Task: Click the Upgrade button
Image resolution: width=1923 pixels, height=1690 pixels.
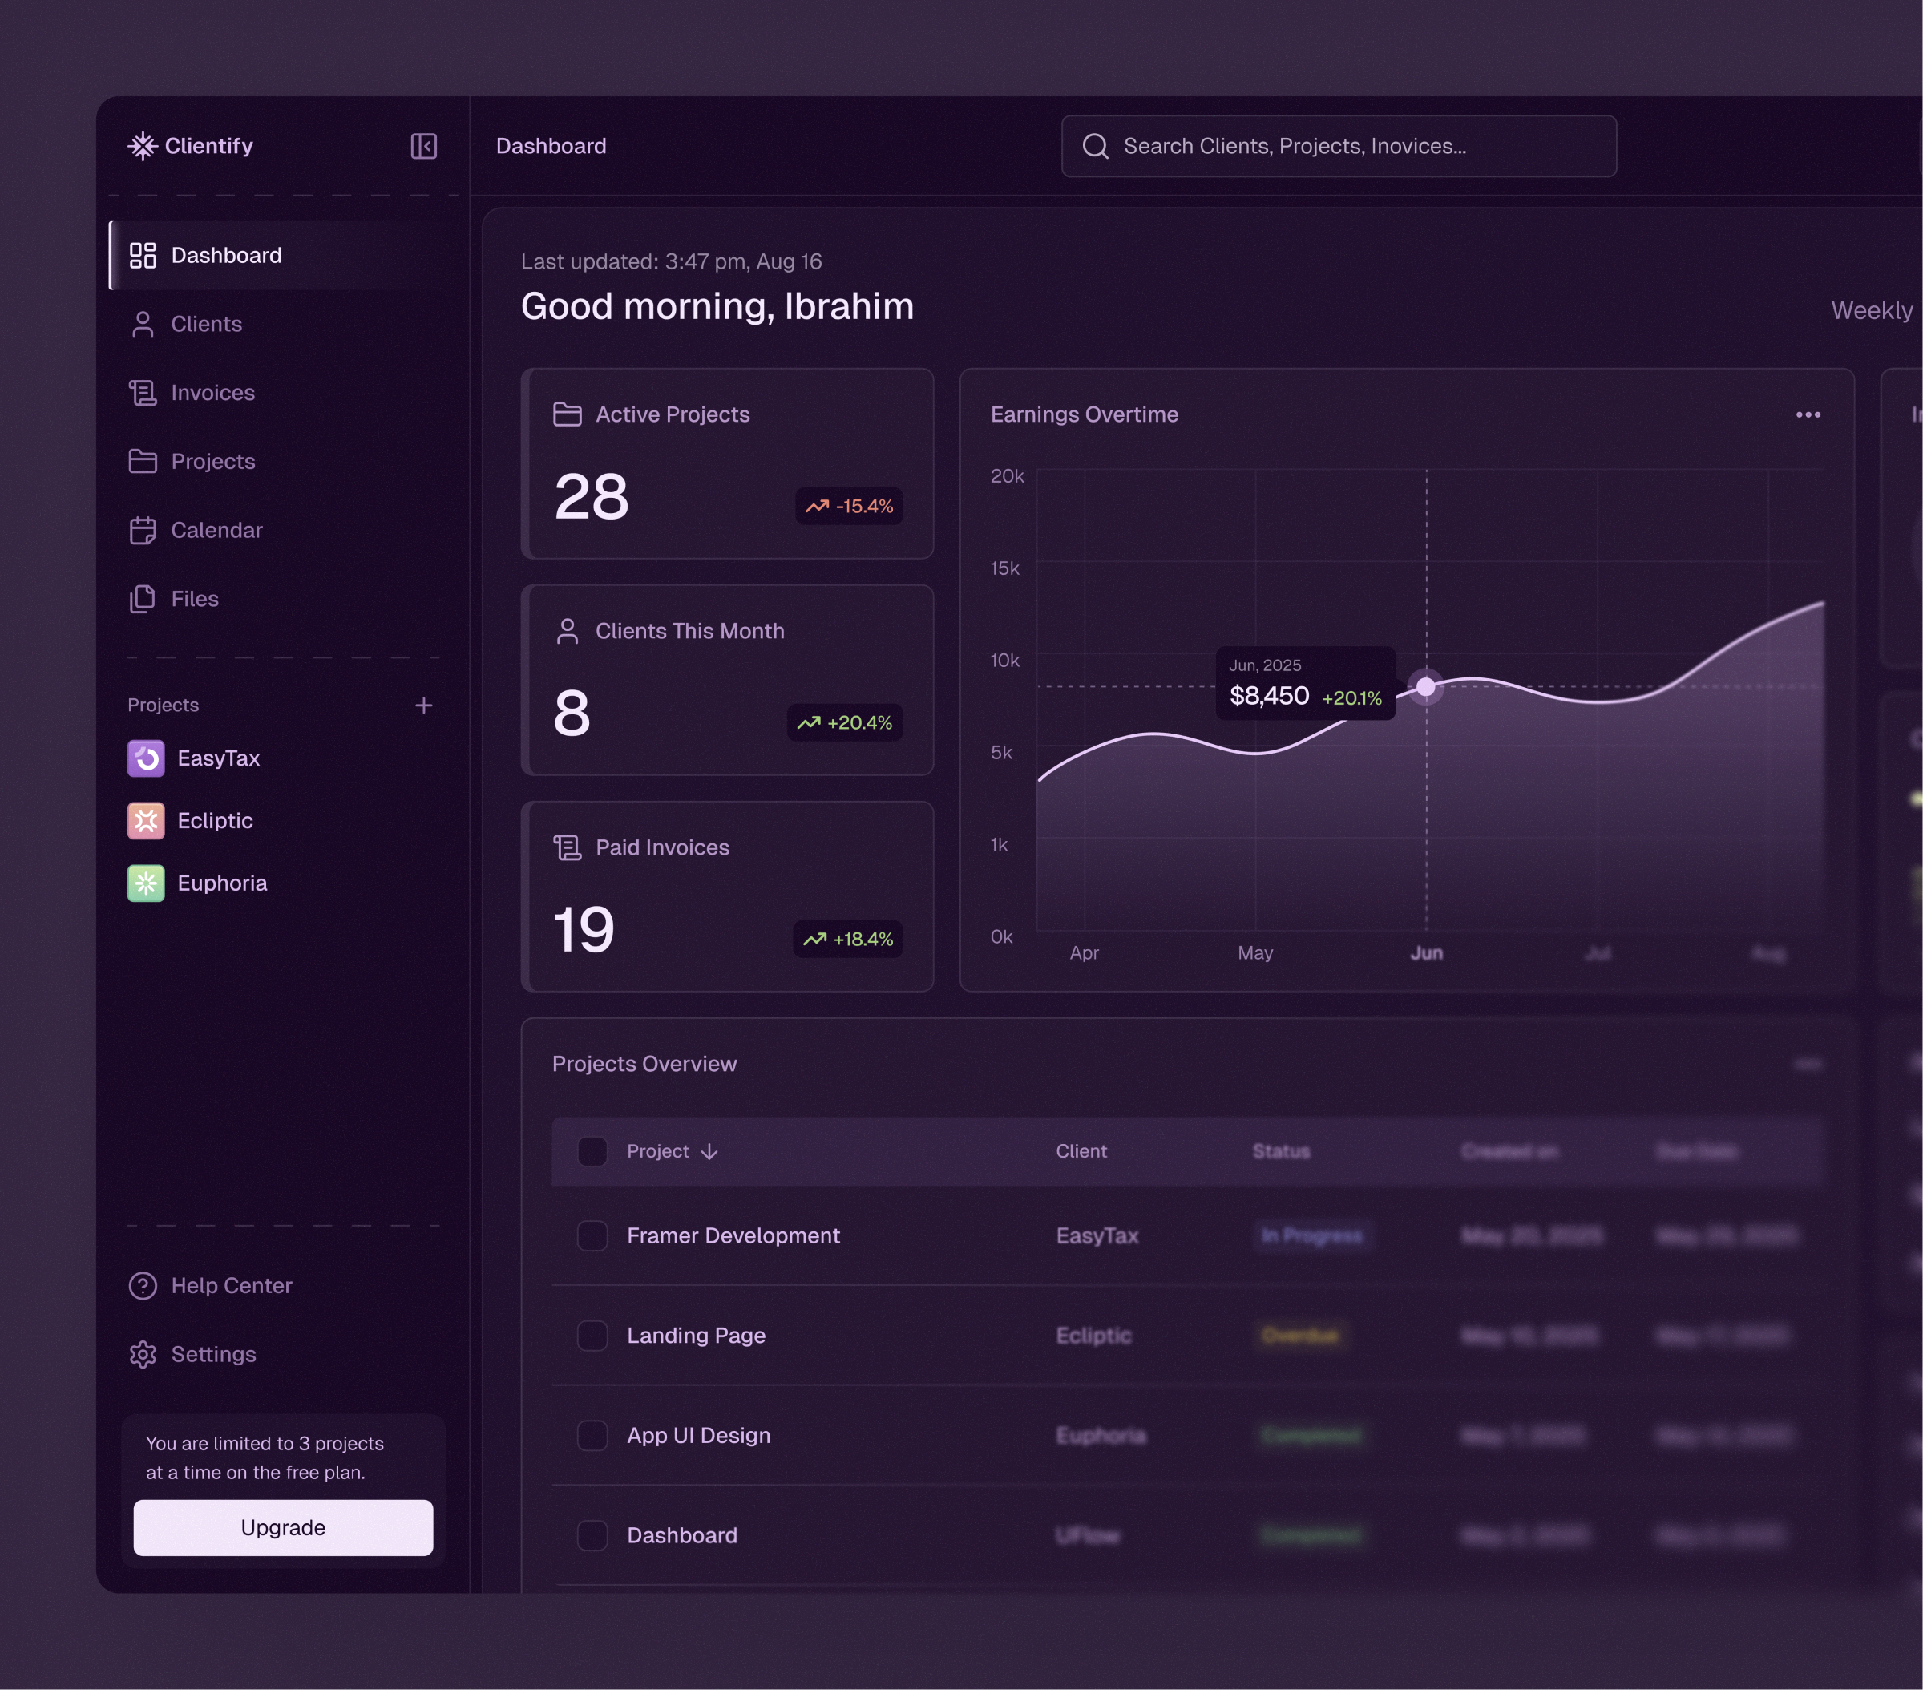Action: [x=282, y=1527]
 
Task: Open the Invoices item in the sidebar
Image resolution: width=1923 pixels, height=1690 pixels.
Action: [x=212, y=392]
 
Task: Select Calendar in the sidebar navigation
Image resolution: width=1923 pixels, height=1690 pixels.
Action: [x=216, y=530]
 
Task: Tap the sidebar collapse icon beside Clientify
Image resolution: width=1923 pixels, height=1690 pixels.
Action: [x=423, y=146]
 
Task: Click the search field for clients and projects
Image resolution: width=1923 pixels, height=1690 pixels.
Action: [x=1338, y=146]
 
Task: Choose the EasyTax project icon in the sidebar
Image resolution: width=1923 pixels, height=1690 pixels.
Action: [x=146, y=758]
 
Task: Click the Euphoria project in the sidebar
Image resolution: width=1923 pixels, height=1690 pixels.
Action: [x=221, y=883]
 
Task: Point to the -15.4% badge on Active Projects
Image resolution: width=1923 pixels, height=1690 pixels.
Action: [x=849, y=506]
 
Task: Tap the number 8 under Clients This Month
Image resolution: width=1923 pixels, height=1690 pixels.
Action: [x=572, y=714]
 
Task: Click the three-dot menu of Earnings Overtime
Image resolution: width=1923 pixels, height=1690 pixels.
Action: [x=1808, y=415]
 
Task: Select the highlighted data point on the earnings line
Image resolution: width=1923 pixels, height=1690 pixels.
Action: [x=1425, y=687]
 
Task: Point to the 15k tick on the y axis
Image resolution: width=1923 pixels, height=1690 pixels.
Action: [x=1004, y=568]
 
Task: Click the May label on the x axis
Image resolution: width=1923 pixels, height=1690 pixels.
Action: [x=1255, y=953]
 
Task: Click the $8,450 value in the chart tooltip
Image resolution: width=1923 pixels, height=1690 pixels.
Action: [x=1269, y=697]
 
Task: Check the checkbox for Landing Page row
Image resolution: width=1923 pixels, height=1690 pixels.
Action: [x=592, y=1336]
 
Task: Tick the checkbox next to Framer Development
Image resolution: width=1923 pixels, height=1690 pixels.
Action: [x=592, y=1235]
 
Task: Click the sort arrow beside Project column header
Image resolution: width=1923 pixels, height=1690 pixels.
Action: [x=709, y=1152]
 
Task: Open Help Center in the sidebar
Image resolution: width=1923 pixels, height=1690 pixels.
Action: [x=231, y=1285]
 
